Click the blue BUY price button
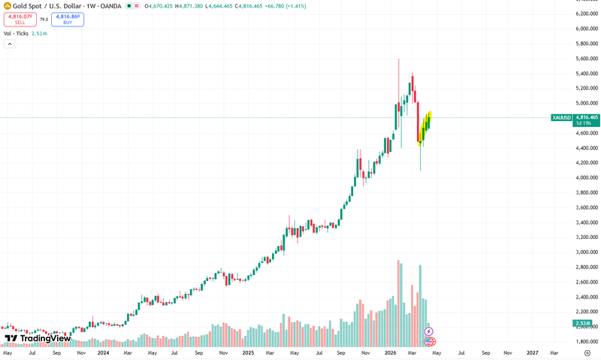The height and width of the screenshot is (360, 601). (x=68, y=20)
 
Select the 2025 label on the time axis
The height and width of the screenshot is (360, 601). (x=247, y=352)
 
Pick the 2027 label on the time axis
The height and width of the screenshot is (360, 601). (x=532, y=352)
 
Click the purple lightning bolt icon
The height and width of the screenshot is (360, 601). (x=429, y=331)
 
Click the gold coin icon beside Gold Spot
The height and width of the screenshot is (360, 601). (x=7, y=6)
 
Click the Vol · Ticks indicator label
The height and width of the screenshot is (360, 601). (x=17, y=34)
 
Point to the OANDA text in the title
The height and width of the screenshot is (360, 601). (x=109, y=6)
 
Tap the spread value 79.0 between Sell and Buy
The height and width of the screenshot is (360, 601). (x=44, y=20)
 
